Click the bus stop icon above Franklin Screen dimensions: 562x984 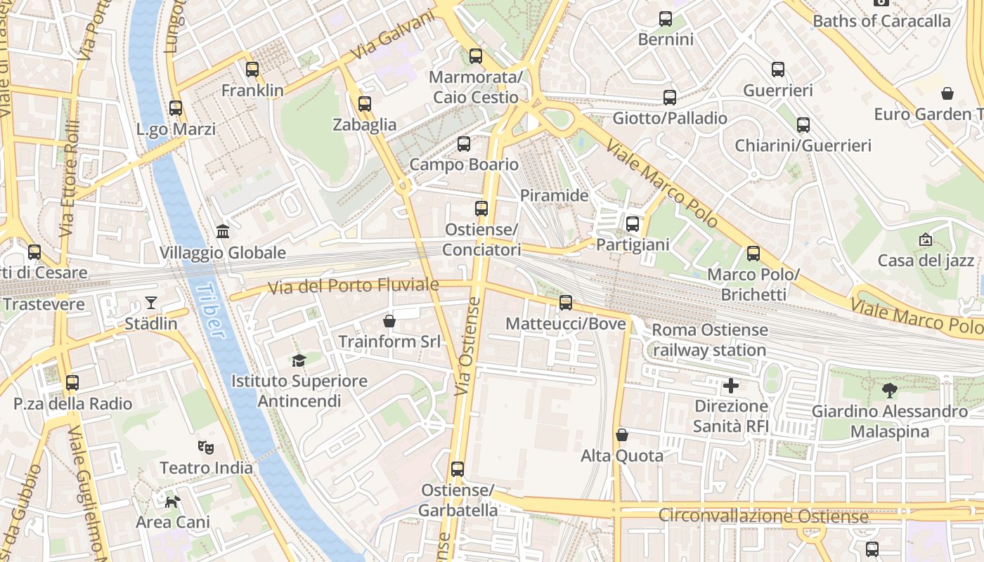252,70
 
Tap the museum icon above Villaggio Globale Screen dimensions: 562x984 223,231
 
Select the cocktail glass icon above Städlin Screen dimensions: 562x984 151,303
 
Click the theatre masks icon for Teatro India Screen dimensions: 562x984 205,446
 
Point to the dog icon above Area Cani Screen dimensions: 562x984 172,501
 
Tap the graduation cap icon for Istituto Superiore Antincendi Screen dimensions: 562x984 299,360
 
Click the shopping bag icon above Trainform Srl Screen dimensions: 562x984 389,321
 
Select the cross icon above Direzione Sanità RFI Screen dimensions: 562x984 731,385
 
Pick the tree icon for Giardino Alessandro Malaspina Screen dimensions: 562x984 889,391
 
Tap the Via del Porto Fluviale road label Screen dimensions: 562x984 354,286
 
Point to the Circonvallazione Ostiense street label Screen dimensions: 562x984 763,516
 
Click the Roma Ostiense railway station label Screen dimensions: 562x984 709,340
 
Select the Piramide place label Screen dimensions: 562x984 554,195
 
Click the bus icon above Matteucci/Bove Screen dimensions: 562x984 566,303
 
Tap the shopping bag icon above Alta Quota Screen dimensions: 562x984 621,435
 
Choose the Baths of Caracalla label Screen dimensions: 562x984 881,21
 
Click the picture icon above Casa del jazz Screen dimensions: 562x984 925,240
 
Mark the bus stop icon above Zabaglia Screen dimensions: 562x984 364,104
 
